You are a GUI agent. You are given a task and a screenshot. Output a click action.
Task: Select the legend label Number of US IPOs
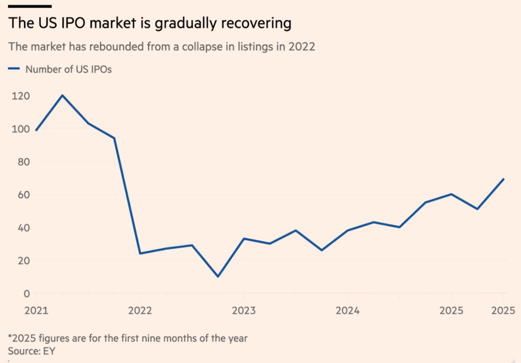pos(68,69)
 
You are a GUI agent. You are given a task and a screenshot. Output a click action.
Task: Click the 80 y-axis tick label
pos(19,162)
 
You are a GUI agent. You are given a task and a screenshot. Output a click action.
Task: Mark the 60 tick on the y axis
pos(19,194)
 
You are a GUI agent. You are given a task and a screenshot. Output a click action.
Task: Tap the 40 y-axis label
pos(19,227)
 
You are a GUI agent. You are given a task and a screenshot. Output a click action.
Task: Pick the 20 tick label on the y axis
pos(19,260)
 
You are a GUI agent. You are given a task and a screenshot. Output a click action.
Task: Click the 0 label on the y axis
pos(21,293)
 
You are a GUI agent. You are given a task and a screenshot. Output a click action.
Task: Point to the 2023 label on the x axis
pos(243,310)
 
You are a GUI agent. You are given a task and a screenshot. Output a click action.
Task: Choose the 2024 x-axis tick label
pos(347,310)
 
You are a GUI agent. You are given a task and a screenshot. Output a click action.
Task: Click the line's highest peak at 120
pos(61,95)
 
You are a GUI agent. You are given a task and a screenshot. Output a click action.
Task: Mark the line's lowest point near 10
pos(217,276)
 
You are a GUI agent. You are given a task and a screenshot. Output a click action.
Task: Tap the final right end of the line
pos(504,178)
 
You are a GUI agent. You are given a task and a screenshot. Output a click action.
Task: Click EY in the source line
pos(49,350)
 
